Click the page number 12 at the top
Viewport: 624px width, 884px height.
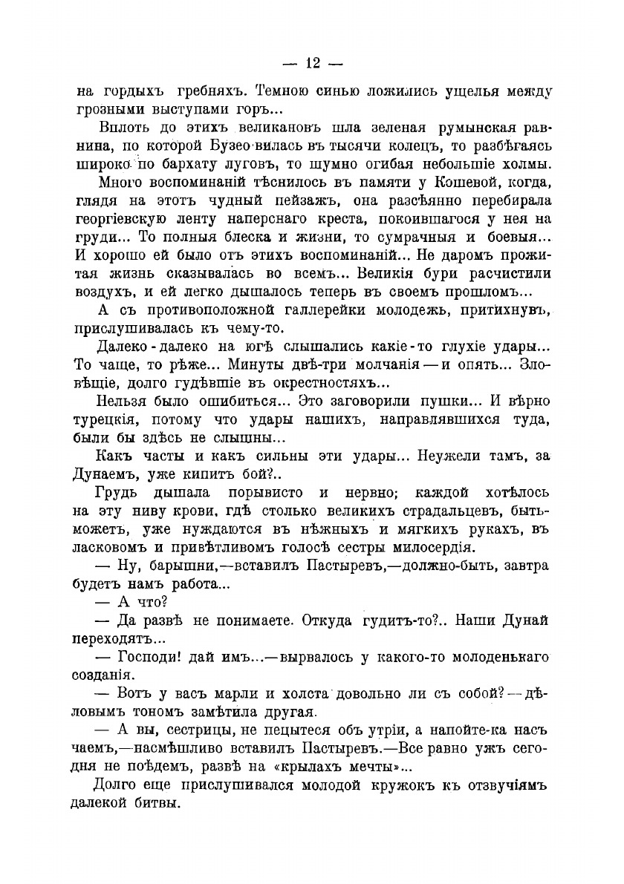click(311, 63)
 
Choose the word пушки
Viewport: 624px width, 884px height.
click(449, 401)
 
